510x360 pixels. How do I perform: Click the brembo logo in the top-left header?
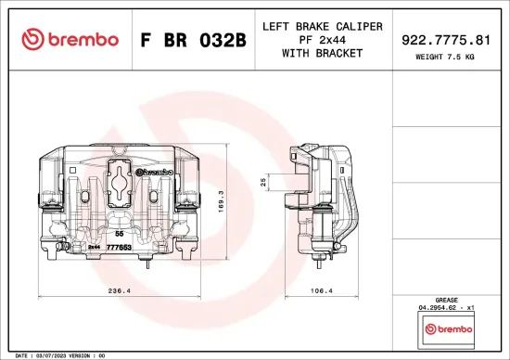coord(70,39)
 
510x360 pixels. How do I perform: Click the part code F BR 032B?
coord(192,40)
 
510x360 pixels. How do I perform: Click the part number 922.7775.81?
coord(446,40)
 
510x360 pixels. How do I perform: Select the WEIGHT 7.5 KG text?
coord(446,58)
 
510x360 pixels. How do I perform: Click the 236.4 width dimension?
coord(118,290)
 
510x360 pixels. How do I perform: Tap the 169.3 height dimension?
coord(221,202)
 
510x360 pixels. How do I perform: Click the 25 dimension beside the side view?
coord(263,182)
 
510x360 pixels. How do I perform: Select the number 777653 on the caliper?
coord(118,248)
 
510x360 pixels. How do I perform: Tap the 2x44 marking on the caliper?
coord(94,248)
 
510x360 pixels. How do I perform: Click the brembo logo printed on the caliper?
coord(155,172)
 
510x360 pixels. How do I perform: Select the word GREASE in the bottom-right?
coord(446,301)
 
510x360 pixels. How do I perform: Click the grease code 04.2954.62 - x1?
coord(446,308)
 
